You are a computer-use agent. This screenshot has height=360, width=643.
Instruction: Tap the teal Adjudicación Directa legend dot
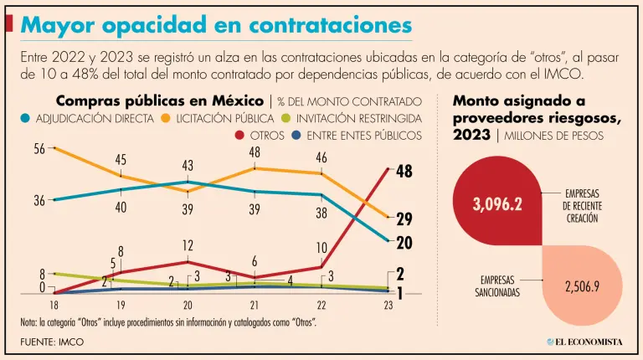(27, 118)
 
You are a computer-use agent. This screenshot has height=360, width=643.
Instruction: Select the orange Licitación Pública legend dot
(165, 118)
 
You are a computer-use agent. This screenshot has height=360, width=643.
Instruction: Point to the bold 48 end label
(404, 172)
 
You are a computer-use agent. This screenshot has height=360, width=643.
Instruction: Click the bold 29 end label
(404, 219)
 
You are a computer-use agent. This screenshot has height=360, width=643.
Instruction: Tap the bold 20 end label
(404, 243)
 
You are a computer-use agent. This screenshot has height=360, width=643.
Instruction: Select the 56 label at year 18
(39, 149)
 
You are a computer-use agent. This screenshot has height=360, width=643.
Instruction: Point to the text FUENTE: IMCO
(52, 342)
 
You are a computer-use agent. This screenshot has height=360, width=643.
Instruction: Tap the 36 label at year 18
(39, 201)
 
